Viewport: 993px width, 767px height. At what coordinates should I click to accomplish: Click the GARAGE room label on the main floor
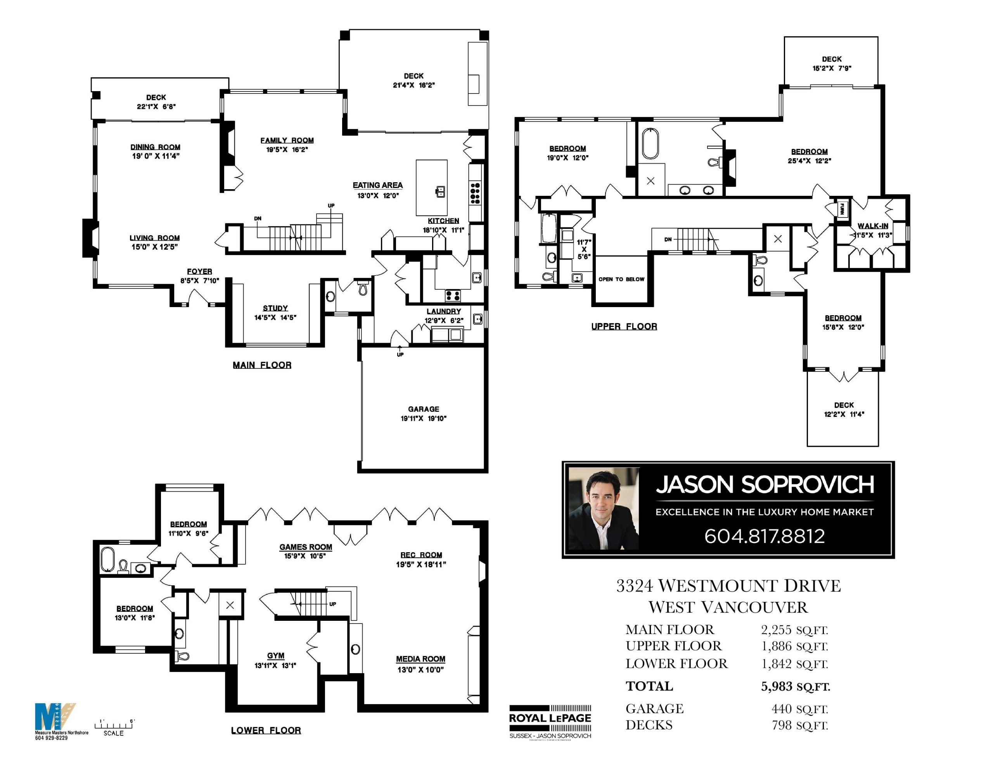click(423, 409)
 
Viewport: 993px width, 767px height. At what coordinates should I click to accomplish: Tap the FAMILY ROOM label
click(287, 140)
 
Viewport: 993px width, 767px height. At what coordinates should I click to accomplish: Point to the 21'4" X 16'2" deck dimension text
click(414, 85)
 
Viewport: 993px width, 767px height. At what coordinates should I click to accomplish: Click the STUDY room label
click(275, 308)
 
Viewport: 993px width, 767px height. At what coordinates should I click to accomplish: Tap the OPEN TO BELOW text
click(621, 279)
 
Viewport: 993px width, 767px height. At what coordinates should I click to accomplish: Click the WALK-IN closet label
click(872, 226)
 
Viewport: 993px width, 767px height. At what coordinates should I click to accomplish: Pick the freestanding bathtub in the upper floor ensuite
click(650, 144)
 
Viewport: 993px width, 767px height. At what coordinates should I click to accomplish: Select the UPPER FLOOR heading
click(624, 326)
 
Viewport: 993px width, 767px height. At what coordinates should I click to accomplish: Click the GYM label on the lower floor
click(275, 656)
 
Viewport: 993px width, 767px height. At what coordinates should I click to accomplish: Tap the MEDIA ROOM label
click(420, 659)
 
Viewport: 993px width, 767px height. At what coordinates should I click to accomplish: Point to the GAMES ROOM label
click(306, 547)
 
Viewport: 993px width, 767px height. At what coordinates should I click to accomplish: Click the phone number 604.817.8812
click(764, 536)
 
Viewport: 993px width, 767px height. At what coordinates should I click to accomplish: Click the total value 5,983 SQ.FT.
click(795, 686)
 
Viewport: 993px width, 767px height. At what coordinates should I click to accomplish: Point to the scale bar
click(114, 726)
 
